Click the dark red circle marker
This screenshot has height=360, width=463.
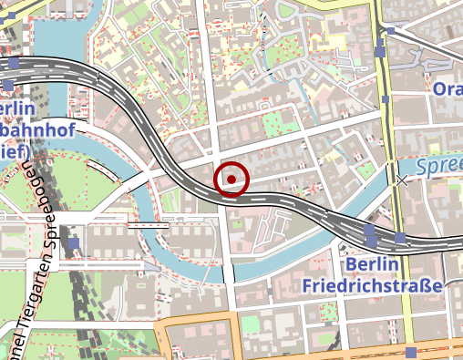(x=231, y=179)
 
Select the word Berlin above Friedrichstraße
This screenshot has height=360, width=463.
(x=374, y=264)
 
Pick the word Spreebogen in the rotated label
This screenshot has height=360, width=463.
(x=43, y=206)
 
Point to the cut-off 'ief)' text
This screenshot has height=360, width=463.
(x=9, y=153)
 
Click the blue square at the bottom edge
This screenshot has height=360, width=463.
(x=411, y=352)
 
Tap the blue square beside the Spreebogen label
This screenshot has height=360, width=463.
(x=73, y=243)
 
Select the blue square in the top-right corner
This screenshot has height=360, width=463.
(x=390, y=31)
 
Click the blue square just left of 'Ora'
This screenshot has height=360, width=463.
(x=386, y=99)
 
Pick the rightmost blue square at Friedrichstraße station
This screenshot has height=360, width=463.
(x=400, y=239)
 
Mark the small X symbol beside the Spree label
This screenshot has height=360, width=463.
(x=402, y=180)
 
